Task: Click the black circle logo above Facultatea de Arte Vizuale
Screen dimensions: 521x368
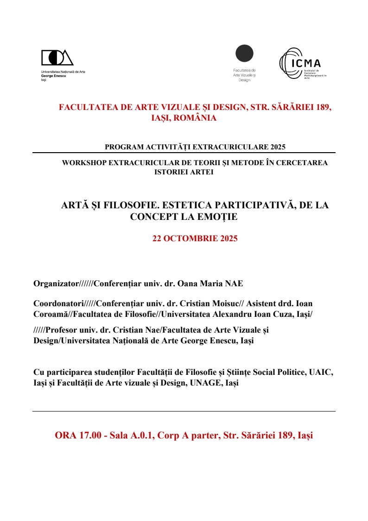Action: (244, 53)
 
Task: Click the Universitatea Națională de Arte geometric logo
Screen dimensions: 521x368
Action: (57, 58)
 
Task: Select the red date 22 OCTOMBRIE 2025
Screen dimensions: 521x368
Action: (195, 239)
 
